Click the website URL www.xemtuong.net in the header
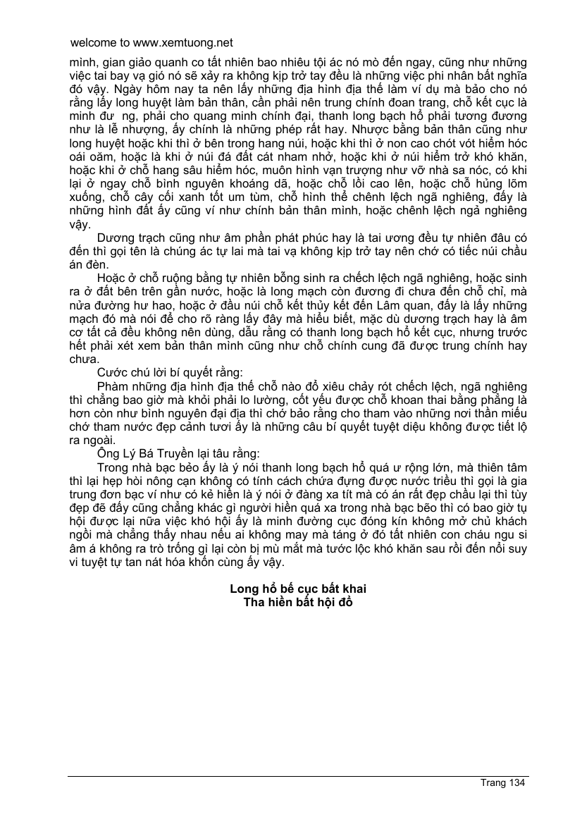185,43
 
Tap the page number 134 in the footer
516,782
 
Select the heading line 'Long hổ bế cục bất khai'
298,589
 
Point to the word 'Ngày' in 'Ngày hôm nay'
108,90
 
